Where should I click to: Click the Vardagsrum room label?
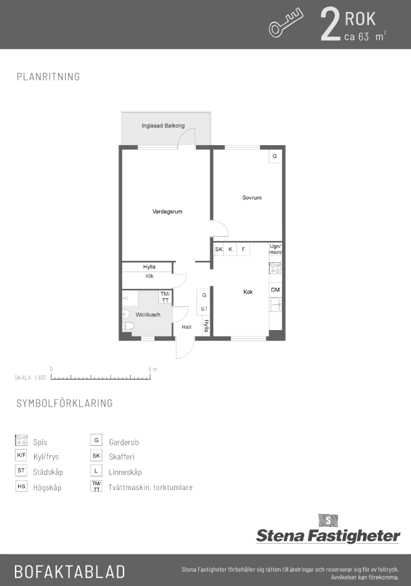tap(167, 212)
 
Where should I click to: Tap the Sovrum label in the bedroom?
tap(252, 197)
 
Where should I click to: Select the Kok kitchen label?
tap(248, 292)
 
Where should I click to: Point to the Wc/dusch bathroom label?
tap(148, 314)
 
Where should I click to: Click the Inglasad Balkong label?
tap(163, 126)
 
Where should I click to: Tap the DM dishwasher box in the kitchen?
tap(275, 290)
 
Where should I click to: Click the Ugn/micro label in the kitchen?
tap(276, 249)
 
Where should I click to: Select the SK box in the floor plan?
tap(219, 249)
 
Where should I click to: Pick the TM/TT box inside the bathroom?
tap(165, 298)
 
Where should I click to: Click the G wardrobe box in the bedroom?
tap(275, 156)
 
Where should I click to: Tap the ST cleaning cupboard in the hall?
tap(204, 309)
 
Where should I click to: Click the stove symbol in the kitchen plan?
tap(275, 268)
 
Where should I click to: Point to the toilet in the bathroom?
tap(128, 326)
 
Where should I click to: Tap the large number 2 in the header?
tap(330, 24)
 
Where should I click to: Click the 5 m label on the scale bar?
tap(153, 369)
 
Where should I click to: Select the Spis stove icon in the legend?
tap(21, 440)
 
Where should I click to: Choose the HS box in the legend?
tap(21, 486)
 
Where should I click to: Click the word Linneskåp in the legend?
tap(125, 472)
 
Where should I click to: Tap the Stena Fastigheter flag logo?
tap(328, 521)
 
